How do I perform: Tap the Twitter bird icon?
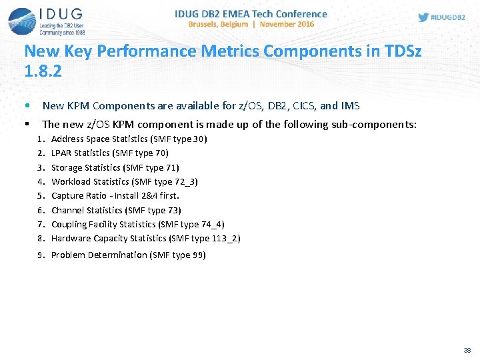tap(423, 17)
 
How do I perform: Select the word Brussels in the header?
tap(208, 24)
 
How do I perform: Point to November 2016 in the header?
tap(287, 24)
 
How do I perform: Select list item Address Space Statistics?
tap(100, 139)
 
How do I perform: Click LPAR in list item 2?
tap(61, 153)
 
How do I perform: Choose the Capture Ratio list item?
tap(115, 196)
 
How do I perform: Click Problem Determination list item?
tap(99, 255)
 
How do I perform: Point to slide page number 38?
tap(467, 350)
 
